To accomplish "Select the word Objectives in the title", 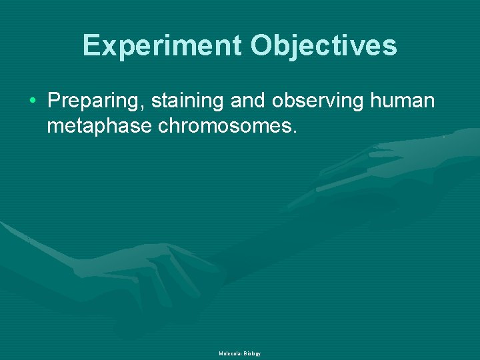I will click(323, 45).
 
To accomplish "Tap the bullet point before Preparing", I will click(33, 102).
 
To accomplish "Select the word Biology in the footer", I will click(252, 353).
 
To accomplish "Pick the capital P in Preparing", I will click(55, 101).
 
